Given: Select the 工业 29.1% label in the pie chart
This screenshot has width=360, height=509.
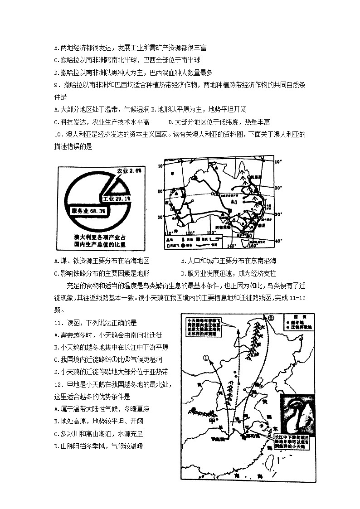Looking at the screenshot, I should [x=117, y=199].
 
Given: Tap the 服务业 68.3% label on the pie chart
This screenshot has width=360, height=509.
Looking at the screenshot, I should [x=88, y=211].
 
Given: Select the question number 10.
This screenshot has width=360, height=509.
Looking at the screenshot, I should [x=58, y=134].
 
